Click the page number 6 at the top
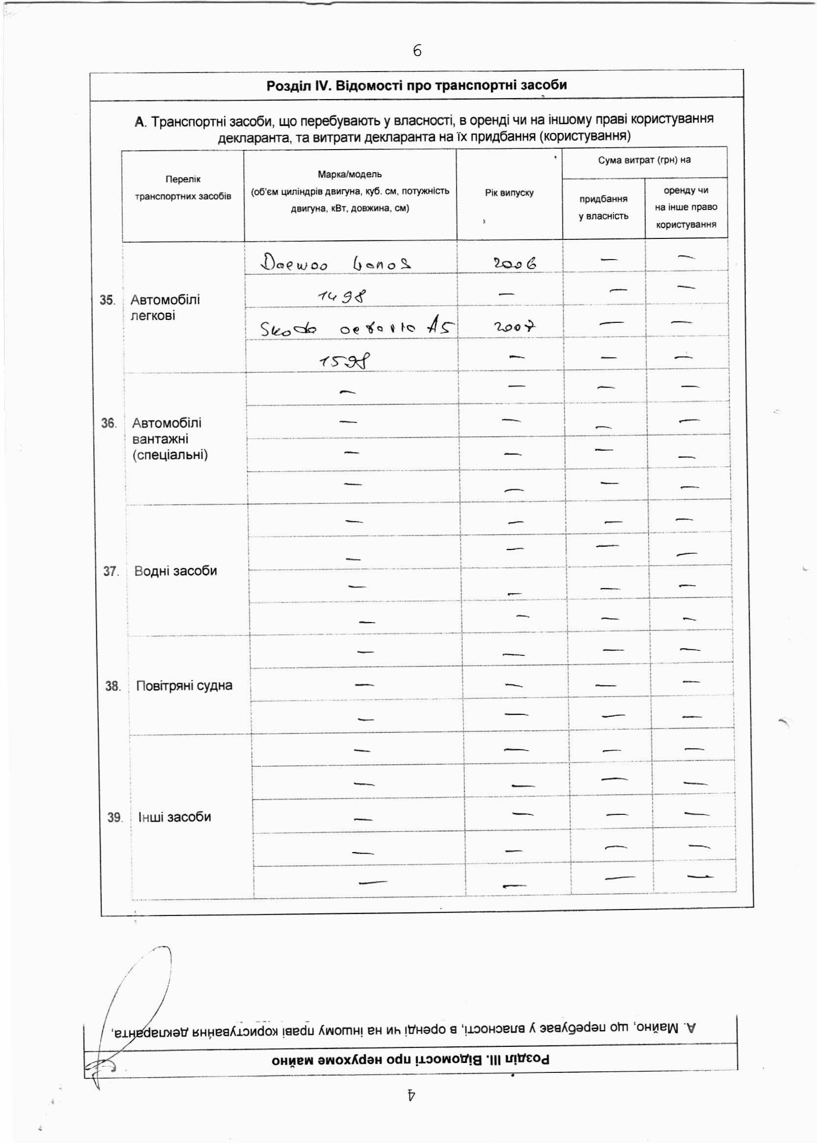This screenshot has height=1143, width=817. click(417, 51)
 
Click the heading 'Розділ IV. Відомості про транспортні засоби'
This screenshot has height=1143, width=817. click(417, 85)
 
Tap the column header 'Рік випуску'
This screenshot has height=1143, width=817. click(509, 193)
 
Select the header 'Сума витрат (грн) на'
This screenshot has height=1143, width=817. click(644, 160)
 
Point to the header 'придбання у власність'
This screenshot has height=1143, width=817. click(603, 208)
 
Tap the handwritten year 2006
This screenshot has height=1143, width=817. click(514, 263)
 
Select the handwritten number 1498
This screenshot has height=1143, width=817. click(342, 297)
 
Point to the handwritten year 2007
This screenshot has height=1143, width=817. click(514, 327)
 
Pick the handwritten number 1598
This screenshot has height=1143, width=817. click(344, 361)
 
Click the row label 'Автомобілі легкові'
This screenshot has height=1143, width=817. click(165, 308)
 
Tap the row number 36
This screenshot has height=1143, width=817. click(108, 423)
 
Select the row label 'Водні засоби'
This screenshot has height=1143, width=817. click(176, 571)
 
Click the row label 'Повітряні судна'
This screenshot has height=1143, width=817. click(184, 686)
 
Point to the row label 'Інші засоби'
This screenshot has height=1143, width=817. click(175, 817)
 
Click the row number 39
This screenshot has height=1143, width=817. click(114, 818)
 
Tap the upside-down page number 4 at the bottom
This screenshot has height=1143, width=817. click(411, 1094)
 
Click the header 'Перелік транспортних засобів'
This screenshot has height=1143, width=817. click(183, 188)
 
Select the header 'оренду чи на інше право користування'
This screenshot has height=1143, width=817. click(685, 208)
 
